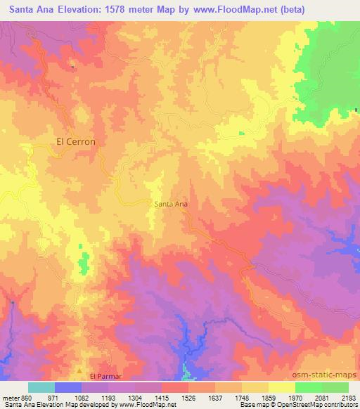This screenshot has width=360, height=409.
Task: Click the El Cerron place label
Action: [x=75, y=141]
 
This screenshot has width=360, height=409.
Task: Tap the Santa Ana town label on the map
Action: [x=170, y=204]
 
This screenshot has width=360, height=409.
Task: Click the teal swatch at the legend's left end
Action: [x=41, y=387]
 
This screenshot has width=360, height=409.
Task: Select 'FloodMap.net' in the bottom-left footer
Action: [x=150, y=405]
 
